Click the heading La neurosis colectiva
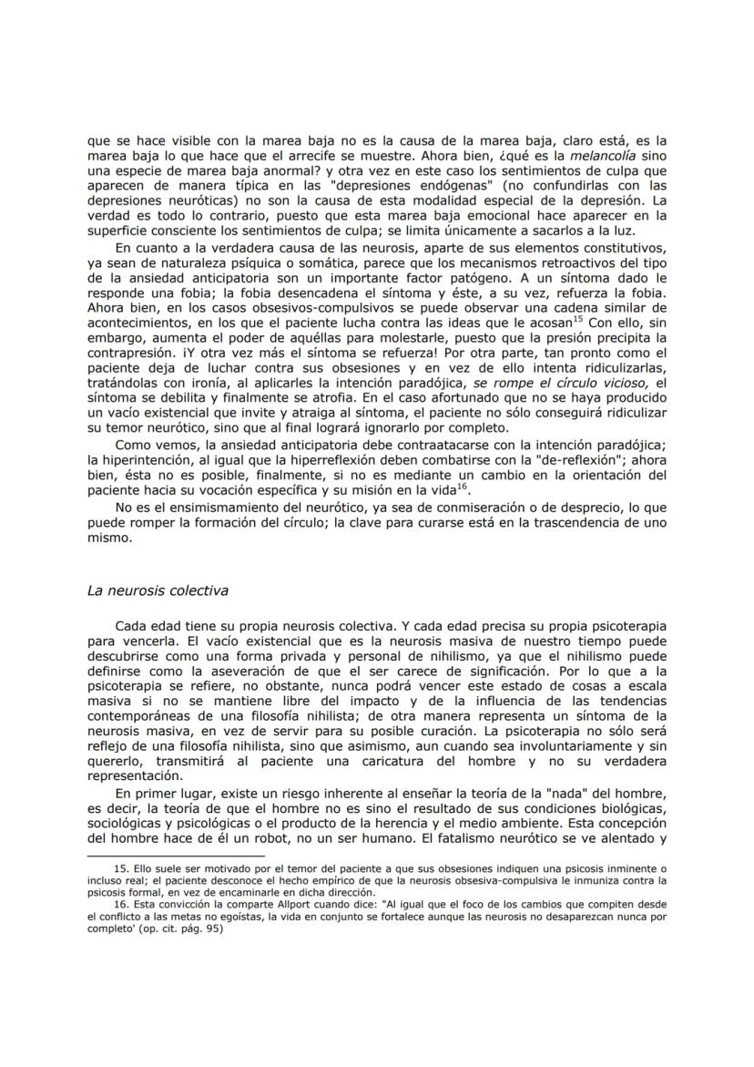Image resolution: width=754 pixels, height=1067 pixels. [157, 590]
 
